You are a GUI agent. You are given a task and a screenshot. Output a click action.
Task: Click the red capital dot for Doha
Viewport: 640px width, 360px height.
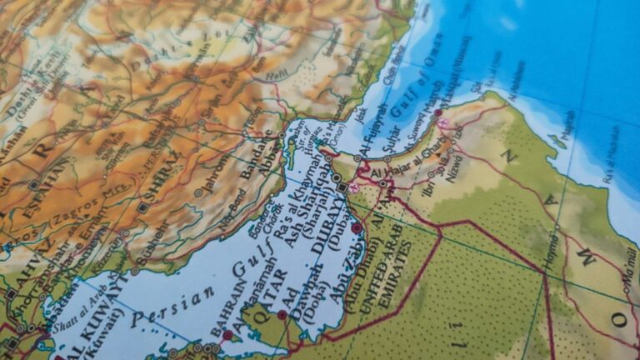tap(282, 314)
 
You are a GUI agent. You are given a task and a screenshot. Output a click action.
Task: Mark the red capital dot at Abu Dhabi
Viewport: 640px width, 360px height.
tap(357, 227)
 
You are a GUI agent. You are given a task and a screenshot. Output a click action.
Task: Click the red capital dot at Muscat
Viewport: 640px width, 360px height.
tap(438, 112)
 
